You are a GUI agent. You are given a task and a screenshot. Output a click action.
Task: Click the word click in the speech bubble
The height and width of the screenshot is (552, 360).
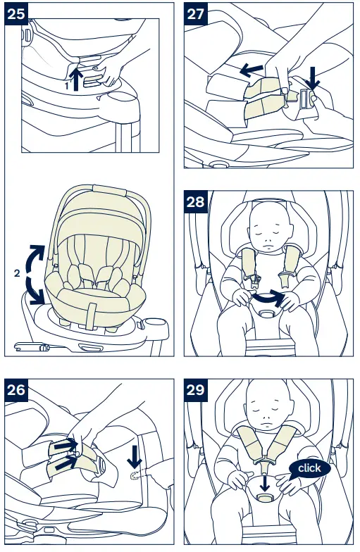309,468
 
